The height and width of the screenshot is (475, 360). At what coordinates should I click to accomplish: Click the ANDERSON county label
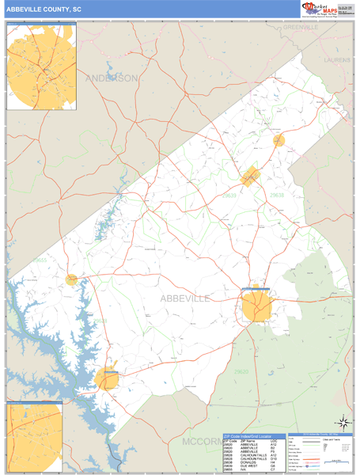click(x=111, y=78)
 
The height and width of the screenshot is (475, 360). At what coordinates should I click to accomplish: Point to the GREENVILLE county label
click(x=300, y=27)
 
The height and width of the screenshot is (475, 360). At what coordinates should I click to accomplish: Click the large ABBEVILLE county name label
click(x=185, y=298)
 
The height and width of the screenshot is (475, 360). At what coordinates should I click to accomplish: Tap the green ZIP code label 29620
click(x=241, y=370)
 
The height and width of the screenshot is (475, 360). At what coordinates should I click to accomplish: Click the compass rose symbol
click(x=343, y=422)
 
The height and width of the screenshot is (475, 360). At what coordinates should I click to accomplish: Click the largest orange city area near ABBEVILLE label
click(x=258, y=306)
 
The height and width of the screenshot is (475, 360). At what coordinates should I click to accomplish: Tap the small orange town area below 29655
click(x=72, y=279)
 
